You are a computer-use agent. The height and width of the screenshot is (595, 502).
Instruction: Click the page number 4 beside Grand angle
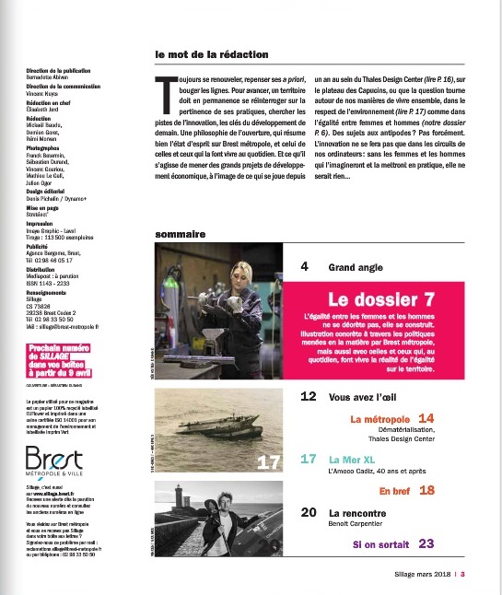(305, 268)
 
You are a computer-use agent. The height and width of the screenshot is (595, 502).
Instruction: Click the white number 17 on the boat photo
(268, 461)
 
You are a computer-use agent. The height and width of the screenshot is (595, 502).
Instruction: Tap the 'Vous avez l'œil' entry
(368, 400)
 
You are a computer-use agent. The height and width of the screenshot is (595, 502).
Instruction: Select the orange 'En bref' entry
(395, 490)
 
